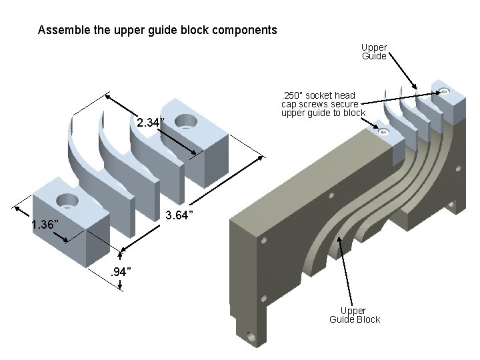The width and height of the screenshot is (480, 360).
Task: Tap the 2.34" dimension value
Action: tap(151, 123)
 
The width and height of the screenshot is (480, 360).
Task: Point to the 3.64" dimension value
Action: tap(179, 215)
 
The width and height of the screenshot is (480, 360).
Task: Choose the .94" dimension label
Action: tap(119, 271)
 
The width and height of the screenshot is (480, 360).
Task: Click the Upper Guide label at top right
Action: tap(374, 52)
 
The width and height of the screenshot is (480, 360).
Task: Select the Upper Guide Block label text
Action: tap(354, 315)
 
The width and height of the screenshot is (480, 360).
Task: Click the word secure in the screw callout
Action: tap(343, 104)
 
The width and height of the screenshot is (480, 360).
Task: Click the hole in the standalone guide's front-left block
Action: tap(67, 199)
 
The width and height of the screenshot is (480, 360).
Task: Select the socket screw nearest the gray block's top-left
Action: tap(383, 133)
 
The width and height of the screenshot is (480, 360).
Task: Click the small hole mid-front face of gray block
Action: tap(331, 196)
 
